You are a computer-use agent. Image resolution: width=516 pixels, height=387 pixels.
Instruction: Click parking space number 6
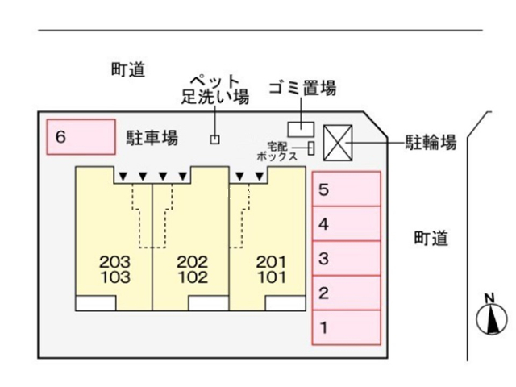click(x=81, y=138)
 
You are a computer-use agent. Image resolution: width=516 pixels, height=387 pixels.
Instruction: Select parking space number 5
click(x=346, y=190)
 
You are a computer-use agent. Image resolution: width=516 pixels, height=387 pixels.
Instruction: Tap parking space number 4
click(x=346, y=225)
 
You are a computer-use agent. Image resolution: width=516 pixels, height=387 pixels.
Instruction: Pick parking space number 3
click(x=346, y=259)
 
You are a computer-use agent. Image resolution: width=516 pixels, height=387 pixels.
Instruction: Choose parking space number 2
click(x=346, y=293)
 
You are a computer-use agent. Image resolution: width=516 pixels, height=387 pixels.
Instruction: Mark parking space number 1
click(x=346, y=328)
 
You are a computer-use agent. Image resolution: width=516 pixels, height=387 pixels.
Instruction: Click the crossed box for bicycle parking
click(x=336, y=144)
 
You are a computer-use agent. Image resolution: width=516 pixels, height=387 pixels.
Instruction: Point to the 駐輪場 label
click(x=431, y=144)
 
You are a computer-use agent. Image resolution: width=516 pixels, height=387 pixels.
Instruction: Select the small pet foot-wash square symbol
click(x=214, y=139)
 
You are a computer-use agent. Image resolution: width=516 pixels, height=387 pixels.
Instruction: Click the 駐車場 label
click(x=152, y=138)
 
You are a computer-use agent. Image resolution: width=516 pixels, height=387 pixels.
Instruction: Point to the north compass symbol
click(x=489, y=317)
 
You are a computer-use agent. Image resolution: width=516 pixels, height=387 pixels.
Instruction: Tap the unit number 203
click(x=114, y=262)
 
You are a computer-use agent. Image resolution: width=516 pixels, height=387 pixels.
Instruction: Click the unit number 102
click(x=192, y=277)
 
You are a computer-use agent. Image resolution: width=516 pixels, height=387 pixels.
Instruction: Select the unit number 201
click(x=270, y=262)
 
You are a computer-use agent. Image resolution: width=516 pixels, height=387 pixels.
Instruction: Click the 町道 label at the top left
click(x=127, y=70)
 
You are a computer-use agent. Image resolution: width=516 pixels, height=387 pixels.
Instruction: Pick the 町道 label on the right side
click(x=431, y=239)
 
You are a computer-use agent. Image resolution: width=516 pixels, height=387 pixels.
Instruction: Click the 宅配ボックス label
click(x=278, y=151)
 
